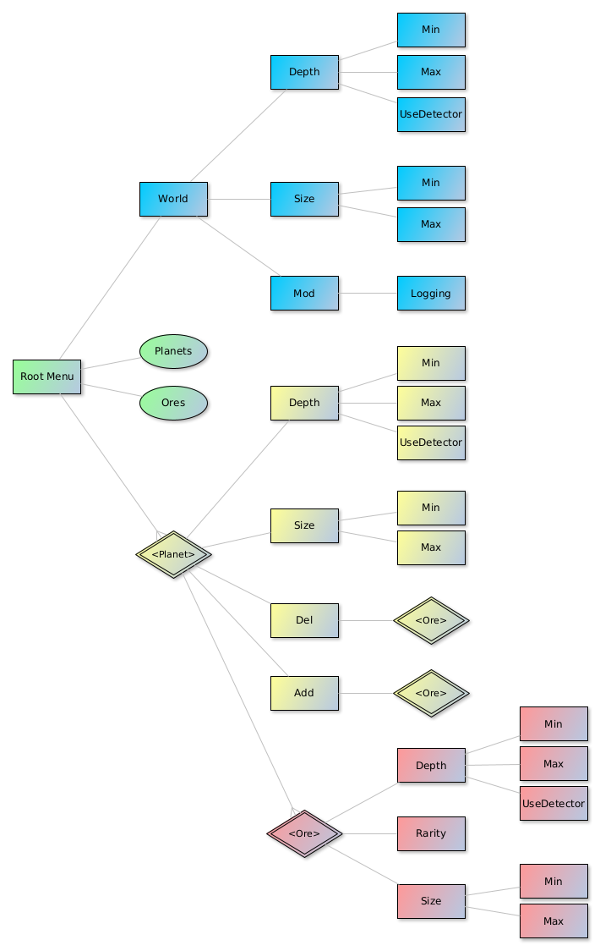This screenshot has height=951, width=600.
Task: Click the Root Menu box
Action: pyautogui.click(x=46, y=377)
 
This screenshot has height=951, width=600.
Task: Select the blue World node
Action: pyautogui.click(x=173, y=199)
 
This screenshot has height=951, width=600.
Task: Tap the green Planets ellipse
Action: pyautogui.click(x=173, y=351)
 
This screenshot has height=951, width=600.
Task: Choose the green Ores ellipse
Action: pyautogui.click(x=173, y=404)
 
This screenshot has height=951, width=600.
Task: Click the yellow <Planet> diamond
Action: pyautogui.click(x=173, y=554)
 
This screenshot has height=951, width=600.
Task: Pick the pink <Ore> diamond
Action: pyautogui.click(x=304, y=833)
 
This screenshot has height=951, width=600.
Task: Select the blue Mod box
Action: pyautogui.click(x=304, y=294)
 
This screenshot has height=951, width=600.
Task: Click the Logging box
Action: pyautogui.click(x=431, y=294)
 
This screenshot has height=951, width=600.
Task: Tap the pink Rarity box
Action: pyautogui.click(x=431, y=833)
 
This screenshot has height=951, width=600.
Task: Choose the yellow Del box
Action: pyautogui.click(x=304, y=620)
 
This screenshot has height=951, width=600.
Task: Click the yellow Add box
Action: pyautogui.click(x=304, y=693)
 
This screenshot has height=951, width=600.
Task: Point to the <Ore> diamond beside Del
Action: pyautogui.click(x=431, y=620)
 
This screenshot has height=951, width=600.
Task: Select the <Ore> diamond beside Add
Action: pyautogui.click(x=431, y=693)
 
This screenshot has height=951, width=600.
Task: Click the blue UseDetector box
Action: pyautogui.click(x=431, y=114)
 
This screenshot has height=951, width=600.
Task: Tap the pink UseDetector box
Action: pyautogui.click(x=554, y=804)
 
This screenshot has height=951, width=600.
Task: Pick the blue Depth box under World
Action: pyautogui.click(x=304, y=72)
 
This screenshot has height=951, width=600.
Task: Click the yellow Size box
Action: pyautogui.click(x=304, y=525)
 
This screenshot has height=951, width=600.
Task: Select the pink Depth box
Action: pyautogui.click(x=431, y=766)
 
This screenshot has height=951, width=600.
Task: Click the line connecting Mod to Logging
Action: pyautogui.click(x=368, y=294)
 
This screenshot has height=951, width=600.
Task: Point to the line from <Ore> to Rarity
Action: pyautogui.click(x=369, y=833)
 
